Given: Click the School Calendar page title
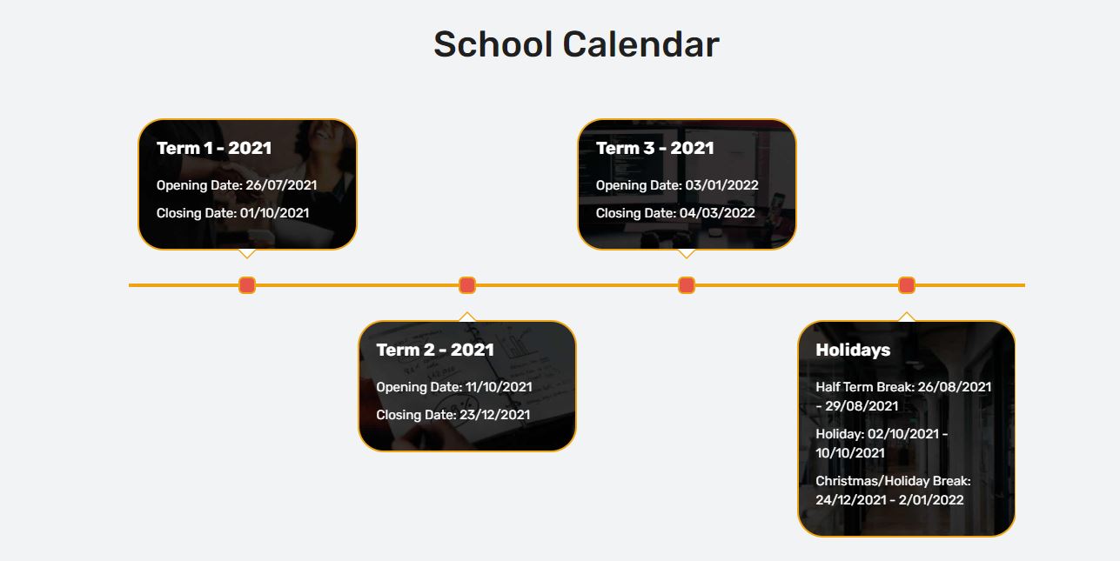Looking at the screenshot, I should [x=576, y=44].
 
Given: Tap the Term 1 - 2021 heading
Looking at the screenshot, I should [x=214, y=148].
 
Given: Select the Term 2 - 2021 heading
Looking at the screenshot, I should [x=435, y=350].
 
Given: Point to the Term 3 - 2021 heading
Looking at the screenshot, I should [x=654, y=148].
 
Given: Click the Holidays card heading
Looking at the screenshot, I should [x=853, y=350].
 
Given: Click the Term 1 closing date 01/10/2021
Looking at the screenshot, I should [x=274, y=213].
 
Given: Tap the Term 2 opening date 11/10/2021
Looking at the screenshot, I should [x=499, y=387].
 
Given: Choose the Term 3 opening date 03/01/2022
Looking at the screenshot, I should [x=721, y=185].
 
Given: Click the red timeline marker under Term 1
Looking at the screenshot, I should [x=247, y=285].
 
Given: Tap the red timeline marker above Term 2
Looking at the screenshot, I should [x=467, y=285].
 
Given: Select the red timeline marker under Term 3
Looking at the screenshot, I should [x=687, y=285].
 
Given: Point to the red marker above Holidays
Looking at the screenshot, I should [x=907, y=285].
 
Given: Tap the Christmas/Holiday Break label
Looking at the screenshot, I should [x=893, y=481].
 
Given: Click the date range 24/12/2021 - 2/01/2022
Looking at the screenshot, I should [x=889, y=500].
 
